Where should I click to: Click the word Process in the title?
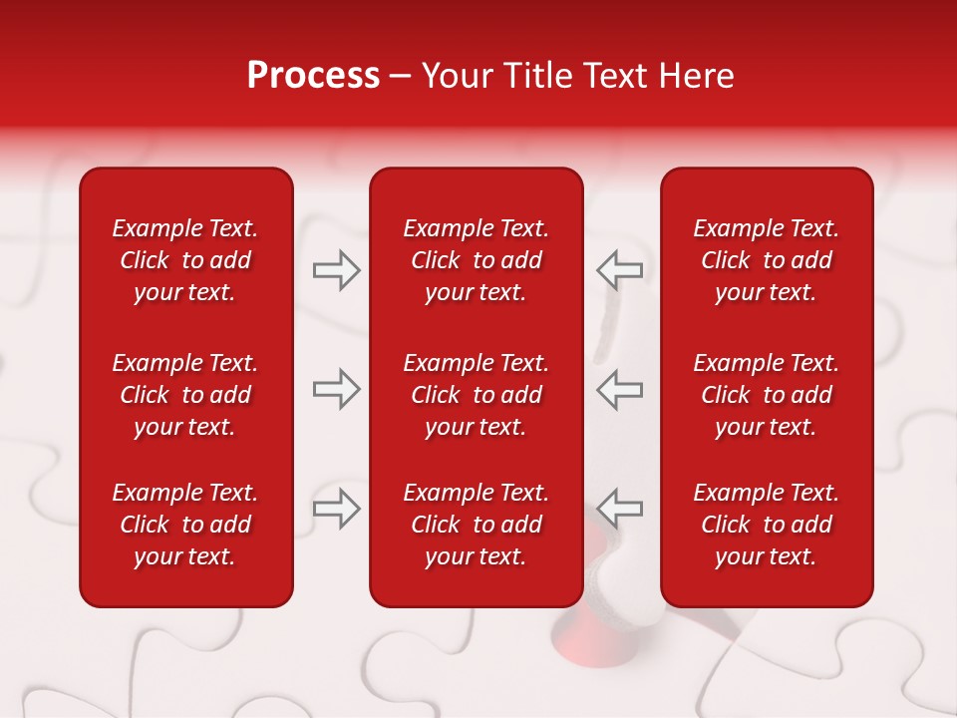point(313,76)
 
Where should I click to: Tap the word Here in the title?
point(696,76)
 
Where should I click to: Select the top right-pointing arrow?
point(336,270)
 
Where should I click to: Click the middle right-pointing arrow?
point(336,389)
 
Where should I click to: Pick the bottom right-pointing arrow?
point(336,508)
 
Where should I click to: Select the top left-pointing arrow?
point(619,270)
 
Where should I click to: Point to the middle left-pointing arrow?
point(619,389)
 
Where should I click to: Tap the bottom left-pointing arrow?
point(619,508)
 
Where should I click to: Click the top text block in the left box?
point(185,260)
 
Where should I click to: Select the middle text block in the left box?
point(185,395)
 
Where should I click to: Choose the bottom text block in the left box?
point(185,525)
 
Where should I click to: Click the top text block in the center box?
point(476,260)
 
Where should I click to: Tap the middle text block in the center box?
point(476,395)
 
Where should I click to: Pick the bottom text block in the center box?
point(476,525)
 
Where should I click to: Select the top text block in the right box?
point(766,260)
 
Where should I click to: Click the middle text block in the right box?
point(766,395)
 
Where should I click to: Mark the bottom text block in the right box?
point(766,525)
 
